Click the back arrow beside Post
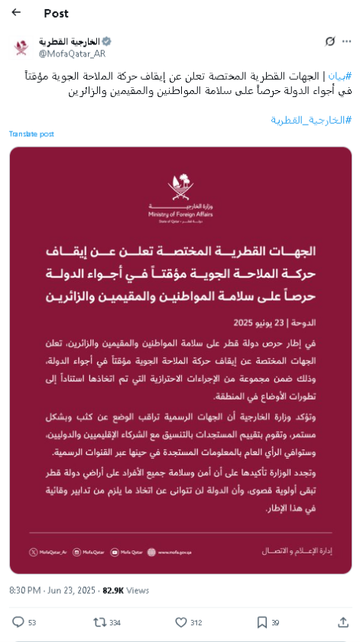point(16,12)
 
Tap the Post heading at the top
point(56,13)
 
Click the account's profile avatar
point(21,47)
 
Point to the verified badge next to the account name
point(107,41)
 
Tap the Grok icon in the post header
point(329,41)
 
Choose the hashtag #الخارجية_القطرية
point(311,120)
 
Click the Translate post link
point(31,134)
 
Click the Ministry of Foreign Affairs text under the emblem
point(180,216)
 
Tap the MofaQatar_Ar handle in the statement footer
point(50,551)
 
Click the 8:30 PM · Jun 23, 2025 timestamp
point(53,590)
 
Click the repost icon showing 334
point(99,622)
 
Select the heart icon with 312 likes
point(181,622)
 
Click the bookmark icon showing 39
point(262,622)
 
